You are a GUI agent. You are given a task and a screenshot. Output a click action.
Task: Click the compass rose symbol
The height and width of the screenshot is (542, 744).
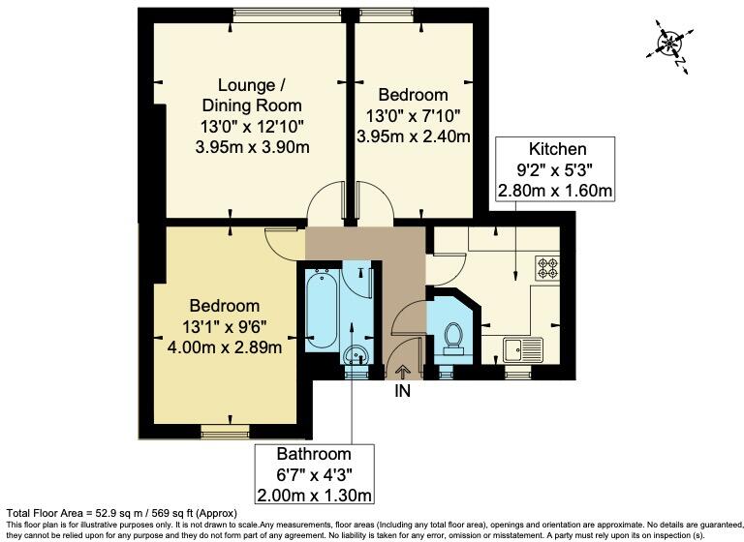[x=670, y=43]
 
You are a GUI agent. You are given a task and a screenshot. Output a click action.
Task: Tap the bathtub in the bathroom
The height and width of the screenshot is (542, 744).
[x=321, y=311]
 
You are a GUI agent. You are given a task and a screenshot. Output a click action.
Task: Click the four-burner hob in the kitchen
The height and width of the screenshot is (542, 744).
[x=547, y=266]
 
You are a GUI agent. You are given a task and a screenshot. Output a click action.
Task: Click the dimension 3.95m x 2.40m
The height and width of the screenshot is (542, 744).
[x=414, y=136]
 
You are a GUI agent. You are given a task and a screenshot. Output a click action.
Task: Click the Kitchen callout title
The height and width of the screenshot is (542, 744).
[x=556, y=149]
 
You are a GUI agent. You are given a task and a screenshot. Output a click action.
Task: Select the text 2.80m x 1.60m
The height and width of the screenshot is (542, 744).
[x=555, y=190]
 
